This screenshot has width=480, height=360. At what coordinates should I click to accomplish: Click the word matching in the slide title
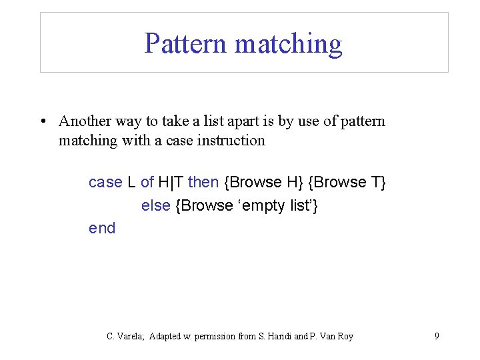pyautogui.click(x=289, y=44)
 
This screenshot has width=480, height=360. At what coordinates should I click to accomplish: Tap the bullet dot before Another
pyautogui.click(x=42, y=121)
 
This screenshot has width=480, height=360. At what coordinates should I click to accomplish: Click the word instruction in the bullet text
pyautogui.click(x=231, y=141)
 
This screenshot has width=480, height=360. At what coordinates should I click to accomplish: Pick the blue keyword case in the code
pyautogui.click(x=105, y=182)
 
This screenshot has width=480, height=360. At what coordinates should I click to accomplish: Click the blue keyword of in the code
pyautogui.click(x=147, y=182)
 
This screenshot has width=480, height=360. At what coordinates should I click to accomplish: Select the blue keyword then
pyautogui.click(x=203, y=182)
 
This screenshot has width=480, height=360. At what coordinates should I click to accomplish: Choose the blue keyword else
pyautogui.click(x=155, y=206)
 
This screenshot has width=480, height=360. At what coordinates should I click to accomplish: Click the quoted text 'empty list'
pyautogui.click(x=274, y=206)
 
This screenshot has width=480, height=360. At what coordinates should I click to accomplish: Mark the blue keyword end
pyautogui.click(x=102, y=228)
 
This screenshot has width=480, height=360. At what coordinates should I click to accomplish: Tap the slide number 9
pyautogui.click(x=437, y=336)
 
